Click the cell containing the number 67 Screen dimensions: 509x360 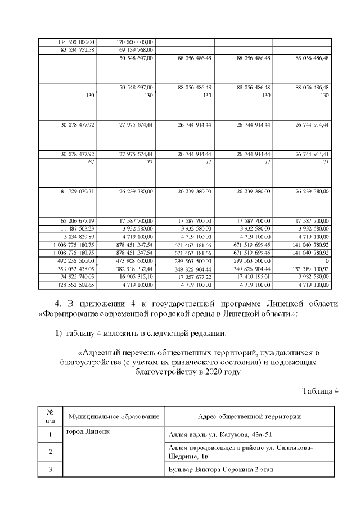point(90,162)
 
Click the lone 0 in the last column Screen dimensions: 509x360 point(327,261)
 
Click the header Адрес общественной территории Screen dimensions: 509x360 point(249,416)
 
